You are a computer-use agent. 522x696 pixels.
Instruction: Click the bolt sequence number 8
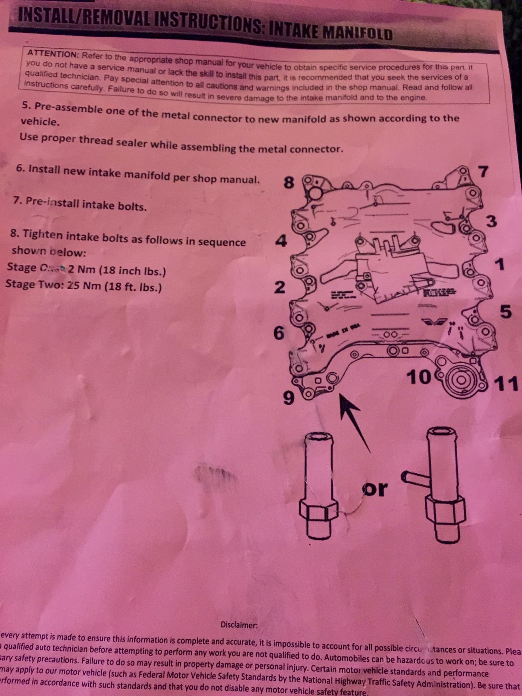coord(289,183)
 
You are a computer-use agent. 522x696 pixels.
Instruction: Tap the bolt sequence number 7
coord(482,171)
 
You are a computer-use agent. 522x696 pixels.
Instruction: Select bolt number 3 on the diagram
coord(491,222)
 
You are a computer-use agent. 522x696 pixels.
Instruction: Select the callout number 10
coord(420,377)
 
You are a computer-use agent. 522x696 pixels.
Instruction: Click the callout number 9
coord(289,399)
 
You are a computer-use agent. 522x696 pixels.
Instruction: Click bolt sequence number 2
coord(279,287)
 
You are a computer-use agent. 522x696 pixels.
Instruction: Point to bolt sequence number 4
coord(281,242)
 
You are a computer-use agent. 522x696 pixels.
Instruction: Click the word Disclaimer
coord(239,625)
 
